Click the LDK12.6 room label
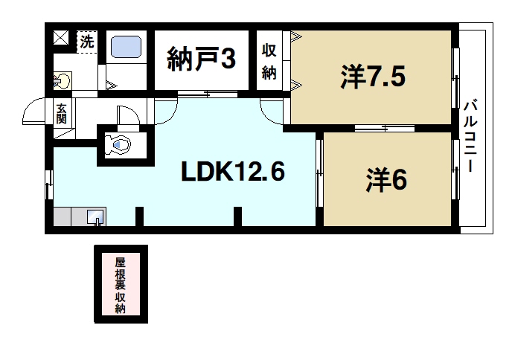click(233, 173)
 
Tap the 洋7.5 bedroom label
click(374, 77)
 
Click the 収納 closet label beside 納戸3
click(269, 62)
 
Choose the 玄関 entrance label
click(61, 113)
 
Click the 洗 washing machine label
click(87, 41)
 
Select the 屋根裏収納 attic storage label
click(120, 285)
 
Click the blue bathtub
click(127, 48)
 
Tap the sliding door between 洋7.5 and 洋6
click(374, 129)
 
